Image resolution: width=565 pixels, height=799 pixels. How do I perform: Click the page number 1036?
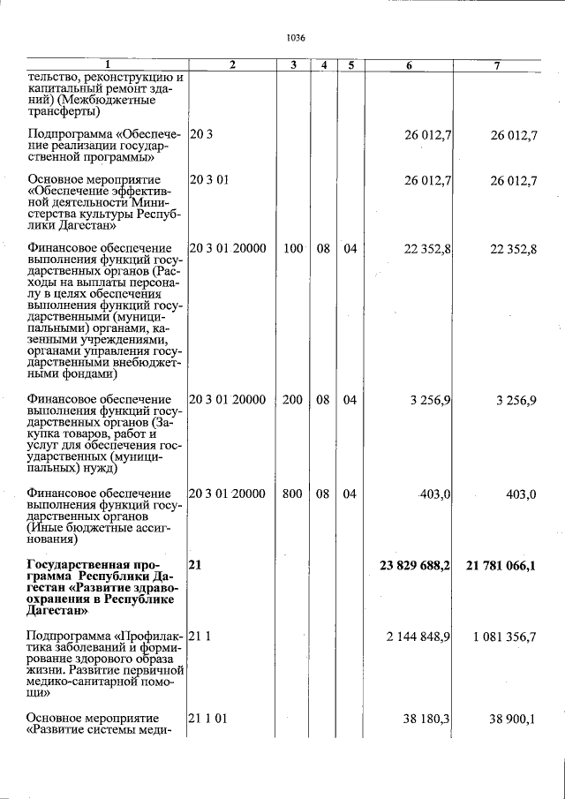(x=296, y=38)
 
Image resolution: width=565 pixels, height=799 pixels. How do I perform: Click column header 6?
(x=409, y=65)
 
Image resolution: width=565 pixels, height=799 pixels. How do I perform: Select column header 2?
(x=231, y=65)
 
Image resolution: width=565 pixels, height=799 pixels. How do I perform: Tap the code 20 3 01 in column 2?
(x=209, y=181)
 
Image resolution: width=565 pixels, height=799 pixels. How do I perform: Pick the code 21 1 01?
(x=209, y=719)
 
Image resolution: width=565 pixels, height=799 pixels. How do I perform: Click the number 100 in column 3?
(x=292, y=249)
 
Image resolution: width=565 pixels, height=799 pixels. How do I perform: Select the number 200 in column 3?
(x=292, y=400)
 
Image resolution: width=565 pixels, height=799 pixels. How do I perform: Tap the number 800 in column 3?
(x=292, y=494)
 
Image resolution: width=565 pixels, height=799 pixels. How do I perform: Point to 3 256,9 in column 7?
(x=516, y=400)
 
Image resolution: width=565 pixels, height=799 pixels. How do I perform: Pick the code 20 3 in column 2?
(x=200, y=134)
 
